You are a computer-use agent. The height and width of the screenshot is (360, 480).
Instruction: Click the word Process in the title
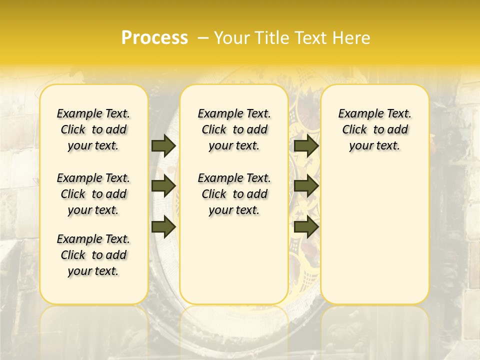(154, 37)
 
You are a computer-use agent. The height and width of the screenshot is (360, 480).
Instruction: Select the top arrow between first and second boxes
(163, 145)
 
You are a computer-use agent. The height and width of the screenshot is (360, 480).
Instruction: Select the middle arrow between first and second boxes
(163, 186)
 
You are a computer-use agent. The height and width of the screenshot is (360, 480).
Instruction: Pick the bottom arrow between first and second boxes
(163, 226)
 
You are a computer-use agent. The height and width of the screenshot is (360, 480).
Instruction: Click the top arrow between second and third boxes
(306, 145)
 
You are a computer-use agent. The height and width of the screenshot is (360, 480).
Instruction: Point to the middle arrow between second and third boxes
(306, 186)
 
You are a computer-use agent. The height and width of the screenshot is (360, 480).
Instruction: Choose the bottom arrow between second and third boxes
(306, 226)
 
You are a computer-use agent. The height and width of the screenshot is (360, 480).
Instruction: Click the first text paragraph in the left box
(93, 129)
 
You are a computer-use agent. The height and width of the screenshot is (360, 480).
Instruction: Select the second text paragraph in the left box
(93, 194)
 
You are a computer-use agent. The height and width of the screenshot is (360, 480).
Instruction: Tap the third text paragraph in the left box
(93, 255)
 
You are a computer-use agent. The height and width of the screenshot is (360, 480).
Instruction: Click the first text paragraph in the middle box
(234, 129)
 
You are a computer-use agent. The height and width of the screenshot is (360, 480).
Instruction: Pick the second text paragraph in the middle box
(234, 194)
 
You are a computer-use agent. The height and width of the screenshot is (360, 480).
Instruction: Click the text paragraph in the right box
(375, 129)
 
